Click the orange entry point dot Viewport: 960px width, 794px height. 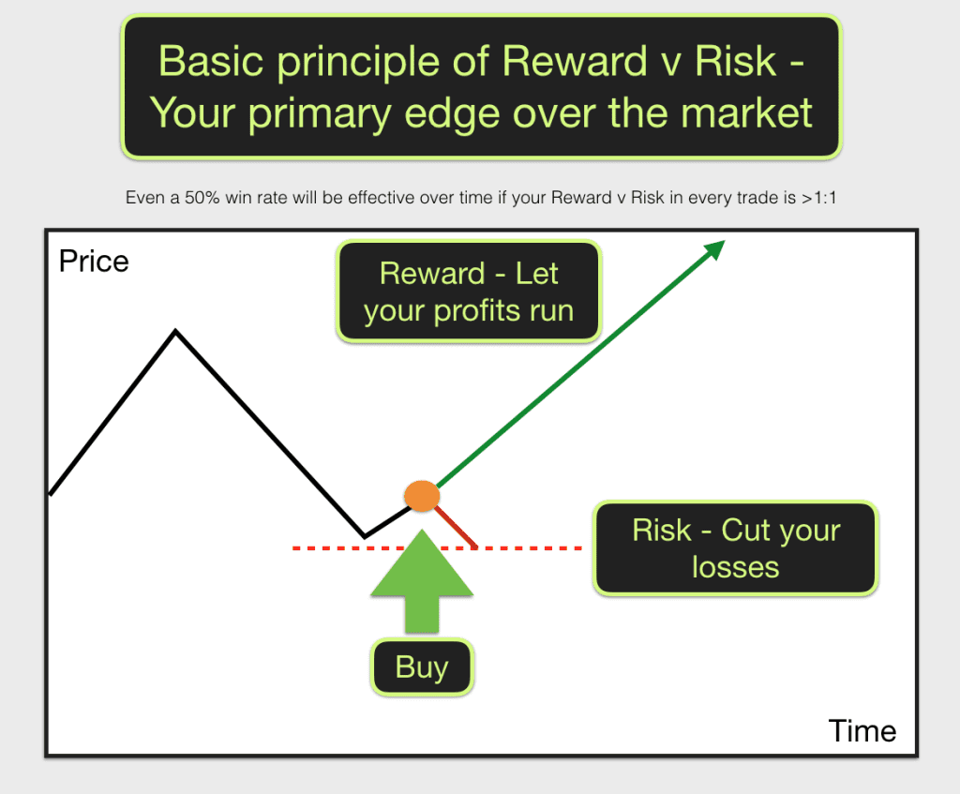422,495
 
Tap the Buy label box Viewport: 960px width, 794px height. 422,667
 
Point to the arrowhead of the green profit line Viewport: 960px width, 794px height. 715,247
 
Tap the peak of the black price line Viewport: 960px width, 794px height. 174,331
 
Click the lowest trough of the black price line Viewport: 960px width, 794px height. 366,537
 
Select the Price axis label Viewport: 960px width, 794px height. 94,261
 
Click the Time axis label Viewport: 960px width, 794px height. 862,730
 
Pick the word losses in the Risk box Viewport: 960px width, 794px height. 735,567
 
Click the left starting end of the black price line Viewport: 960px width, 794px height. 51,493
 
